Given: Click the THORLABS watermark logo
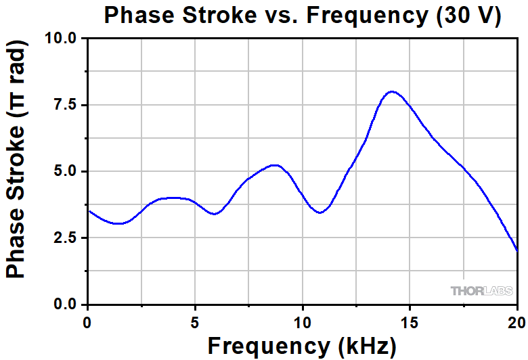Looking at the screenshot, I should tap(481, 291).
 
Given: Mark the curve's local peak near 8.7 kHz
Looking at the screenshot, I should tap(274, 165).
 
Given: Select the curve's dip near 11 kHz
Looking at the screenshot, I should tap(320, 212).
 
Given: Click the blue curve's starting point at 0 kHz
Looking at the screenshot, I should tap(89, 210).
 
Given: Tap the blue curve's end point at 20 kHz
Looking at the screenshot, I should tap(517, 251).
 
